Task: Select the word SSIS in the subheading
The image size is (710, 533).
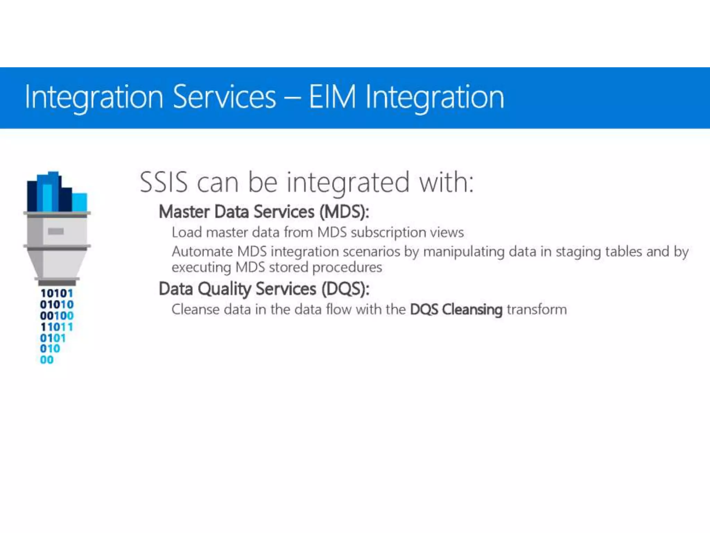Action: [x=164, y=182]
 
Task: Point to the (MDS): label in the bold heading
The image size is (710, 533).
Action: [x=344, y=212]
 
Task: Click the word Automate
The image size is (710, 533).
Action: [x=202, y=252]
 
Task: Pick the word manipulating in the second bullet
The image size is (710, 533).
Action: [x=464, y=252]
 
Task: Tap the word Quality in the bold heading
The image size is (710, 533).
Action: [x=224, y=289]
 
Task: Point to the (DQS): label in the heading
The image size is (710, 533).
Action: [x=345, y=289]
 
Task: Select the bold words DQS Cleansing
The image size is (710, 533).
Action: [x=456, y=310]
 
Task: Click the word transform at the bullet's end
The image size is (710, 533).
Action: [x=537, y=309]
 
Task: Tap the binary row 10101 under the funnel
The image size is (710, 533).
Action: [x=57, y=294]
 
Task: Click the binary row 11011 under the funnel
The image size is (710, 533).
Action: [x=57, y=327]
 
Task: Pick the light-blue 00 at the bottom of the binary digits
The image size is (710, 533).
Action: [x=47, y=360]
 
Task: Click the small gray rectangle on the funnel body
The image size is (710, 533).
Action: [x=56, y=231]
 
